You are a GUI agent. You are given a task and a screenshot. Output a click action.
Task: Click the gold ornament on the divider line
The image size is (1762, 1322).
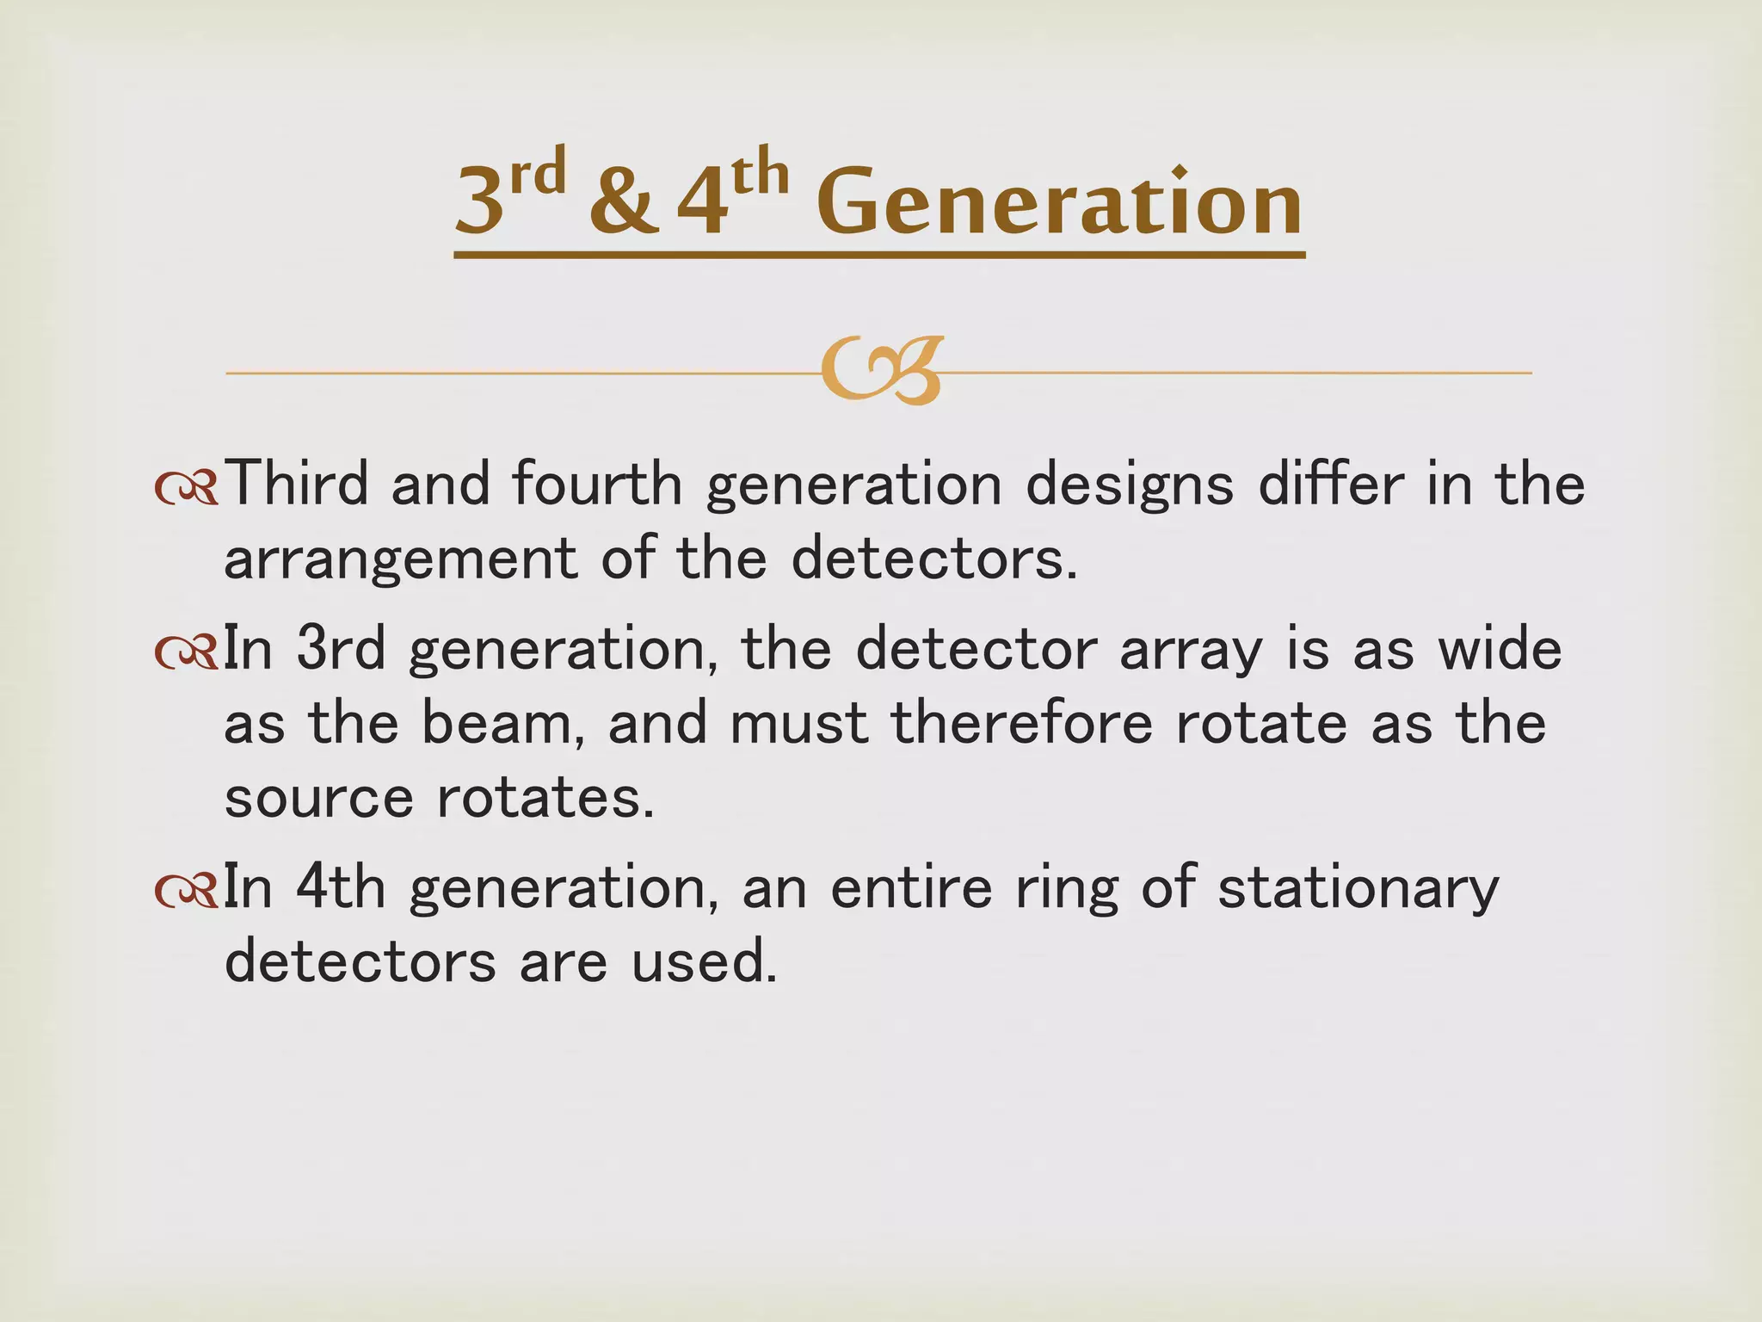click(x=881, y=371)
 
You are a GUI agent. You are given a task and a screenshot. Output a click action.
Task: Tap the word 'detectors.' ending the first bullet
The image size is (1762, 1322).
click(x=934, y=559)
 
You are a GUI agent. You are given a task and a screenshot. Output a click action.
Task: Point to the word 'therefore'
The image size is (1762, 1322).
click(x=1021, y=723)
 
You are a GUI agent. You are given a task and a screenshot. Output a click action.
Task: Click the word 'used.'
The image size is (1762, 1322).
click(x=704, y=961)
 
